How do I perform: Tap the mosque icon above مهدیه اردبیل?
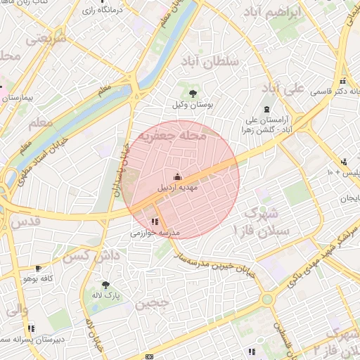[x=177, y=177]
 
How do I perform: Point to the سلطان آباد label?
[x=210, y=62]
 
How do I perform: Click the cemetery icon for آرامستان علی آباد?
[x=266, y=109]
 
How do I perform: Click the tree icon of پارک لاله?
[x=105, y=285]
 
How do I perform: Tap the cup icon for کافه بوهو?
[x=38, y=268]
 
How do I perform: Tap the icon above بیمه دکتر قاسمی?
[x=342, y=79]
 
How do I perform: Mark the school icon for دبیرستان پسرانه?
[x=31, y=328]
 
